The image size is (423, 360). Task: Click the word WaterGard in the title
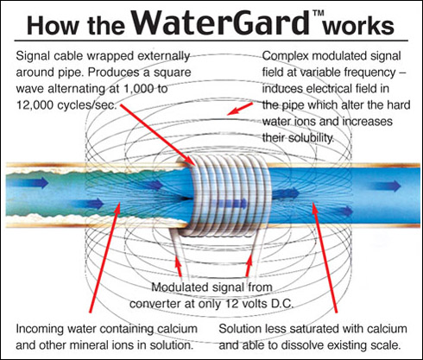(221, 22)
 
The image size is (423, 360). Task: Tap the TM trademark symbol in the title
(317, 13)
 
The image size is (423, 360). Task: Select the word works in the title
(358, 27)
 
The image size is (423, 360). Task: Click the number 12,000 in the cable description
(35, 105)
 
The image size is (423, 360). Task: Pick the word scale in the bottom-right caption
(386, 345)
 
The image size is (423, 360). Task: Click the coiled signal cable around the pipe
(230, 196)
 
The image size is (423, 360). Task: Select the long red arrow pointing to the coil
(158, 136)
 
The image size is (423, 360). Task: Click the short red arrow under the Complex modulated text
(239, 109)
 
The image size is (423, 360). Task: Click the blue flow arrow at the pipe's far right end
(387, 186)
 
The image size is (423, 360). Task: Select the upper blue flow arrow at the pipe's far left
(28, 183)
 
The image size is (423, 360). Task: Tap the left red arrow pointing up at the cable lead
(179, 268)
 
